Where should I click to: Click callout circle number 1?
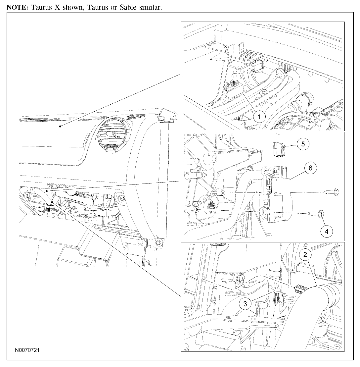[259, 117]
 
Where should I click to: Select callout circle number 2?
[305, 254]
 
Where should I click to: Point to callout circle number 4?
[327, 232]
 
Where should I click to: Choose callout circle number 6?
[310, 168]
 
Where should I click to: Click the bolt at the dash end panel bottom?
[159, 243]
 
